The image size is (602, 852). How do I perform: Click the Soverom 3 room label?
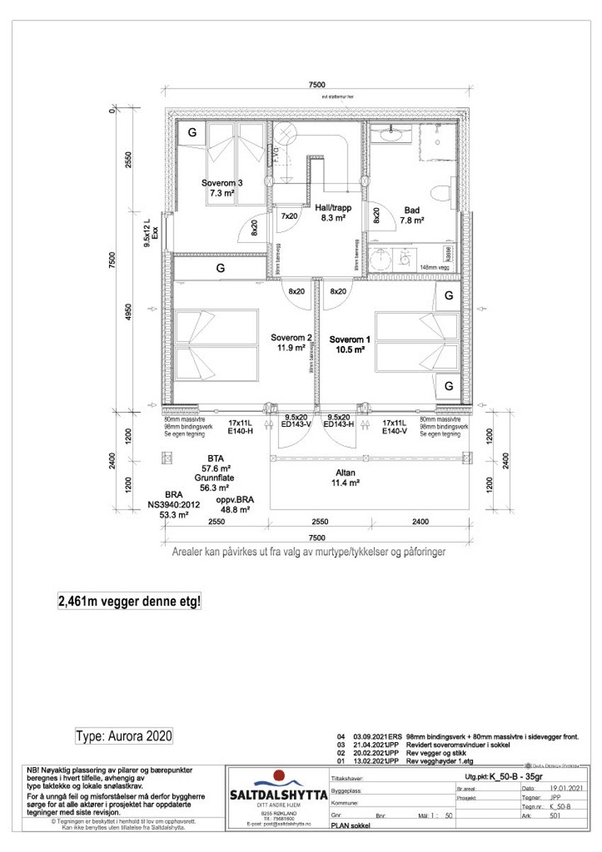click(222, 183)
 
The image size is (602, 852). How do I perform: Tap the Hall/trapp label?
click(334, 208)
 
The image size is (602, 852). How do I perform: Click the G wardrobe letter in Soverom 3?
click(191, 132)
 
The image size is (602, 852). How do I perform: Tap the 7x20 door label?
click(289, 216)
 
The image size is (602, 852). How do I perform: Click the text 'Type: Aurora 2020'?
click(124, 736)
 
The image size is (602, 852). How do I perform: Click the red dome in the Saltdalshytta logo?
click(278, 776)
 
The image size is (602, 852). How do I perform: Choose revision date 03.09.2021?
click(365, 737)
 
